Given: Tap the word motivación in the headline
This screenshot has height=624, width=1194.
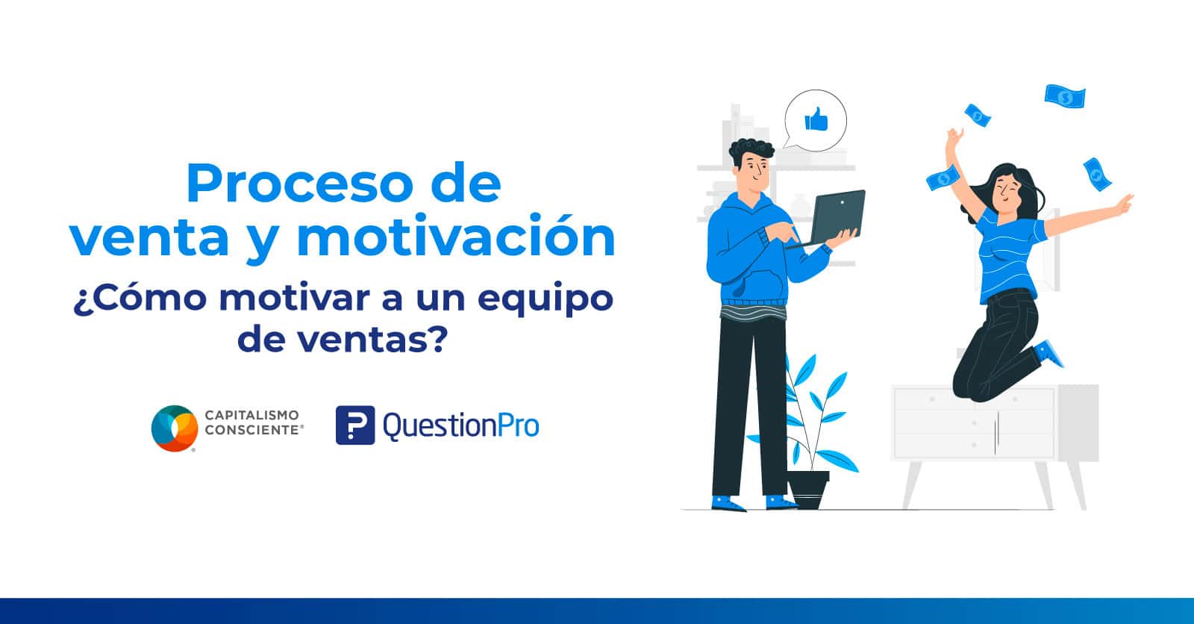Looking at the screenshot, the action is (x=456, y=237).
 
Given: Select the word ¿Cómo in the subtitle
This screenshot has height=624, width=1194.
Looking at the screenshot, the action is (x=140, y=298).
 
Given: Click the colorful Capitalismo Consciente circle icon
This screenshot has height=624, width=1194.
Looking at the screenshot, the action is (x=175, y=428).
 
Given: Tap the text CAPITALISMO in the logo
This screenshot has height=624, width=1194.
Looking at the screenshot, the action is (x=252, y=415).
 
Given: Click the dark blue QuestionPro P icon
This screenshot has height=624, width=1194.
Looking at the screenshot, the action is (x=355, y=425).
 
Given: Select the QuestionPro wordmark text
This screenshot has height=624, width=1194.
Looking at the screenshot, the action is (x=461, y=426).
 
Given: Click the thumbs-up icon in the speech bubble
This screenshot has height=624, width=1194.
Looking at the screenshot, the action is (x=816, y=119).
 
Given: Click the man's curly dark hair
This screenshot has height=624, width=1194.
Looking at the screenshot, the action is (x=751, y=151).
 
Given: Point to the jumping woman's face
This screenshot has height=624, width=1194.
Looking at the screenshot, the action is (x=1007, y=192).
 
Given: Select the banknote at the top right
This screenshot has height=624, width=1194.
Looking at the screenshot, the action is (x=1064, y=96).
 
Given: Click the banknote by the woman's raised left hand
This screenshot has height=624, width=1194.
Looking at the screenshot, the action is (x=943, y=178).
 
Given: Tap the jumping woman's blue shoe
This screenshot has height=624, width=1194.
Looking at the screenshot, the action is (x=1049, y=354).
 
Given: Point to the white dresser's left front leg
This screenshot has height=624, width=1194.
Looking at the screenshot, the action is (x=911, y=485).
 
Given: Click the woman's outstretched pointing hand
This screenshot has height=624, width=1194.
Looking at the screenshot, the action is (x=1124, y=203).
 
